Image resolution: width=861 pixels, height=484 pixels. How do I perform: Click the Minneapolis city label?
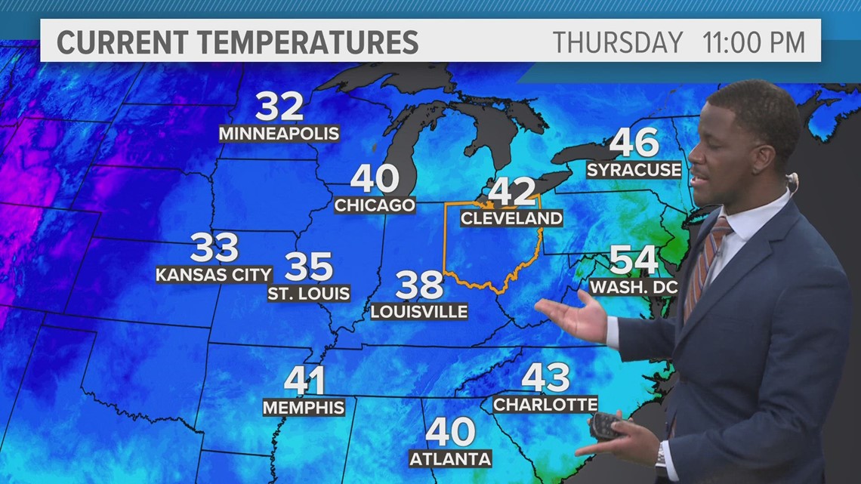(x=279, y=134)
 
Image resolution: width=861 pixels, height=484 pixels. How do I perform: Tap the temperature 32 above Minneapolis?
(x=279, y=107)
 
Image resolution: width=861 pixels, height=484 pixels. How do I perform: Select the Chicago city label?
(x=375, y=205)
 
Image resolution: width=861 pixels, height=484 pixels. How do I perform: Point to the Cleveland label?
(x=511, y=218)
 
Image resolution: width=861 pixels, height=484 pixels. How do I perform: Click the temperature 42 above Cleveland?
(x=511, y=191)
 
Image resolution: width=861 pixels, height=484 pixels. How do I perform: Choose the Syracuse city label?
(x=634, y=170)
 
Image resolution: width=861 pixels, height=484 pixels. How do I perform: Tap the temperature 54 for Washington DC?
(x=634, y=260)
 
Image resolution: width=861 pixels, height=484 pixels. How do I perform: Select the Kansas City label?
(x=213, y=274)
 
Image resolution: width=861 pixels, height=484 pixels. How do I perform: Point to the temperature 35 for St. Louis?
(x=309, y=267)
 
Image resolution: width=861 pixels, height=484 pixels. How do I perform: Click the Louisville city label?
(x=419, y=311)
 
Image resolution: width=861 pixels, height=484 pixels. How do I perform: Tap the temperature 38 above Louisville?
(x=419, y=285)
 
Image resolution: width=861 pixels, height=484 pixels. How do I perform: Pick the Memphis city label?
(x=304, y=408)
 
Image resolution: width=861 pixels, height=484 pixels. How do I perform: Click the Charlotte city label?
(x=545, y=405)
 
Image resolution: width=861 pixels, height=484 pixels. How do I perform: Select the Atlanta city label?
(x=450, y=458)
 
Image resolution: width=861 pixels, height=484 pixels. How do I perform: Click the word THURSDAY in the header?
(x=617, y=42)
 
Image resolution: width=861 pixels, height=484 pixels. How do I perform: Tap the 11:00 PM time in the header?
(x=753, y=42)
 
